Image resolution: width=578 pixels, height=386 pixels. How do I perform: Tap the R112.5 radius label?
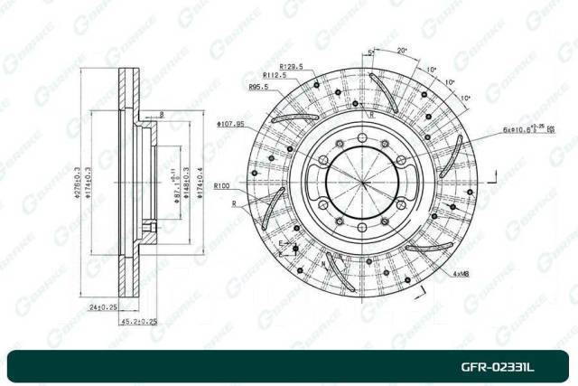click(275, 76)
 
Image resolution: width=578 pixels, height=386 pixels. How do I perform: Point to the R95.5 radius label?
click(259, 87)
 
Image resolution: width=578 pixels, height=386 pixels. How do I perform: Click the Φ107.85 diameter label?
click(231, 123)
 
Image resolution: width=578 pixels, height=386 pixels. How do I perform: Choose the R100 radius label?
click(224, 186)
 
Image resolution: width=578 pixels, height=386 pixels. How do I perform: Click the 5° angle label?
click(371, 54)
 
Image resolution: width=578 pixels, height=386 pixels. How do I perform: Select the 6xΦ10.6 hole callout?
click(527, 129)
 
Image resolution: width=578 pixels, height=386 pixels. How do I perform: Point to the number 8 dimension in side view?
click(160, 114)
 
